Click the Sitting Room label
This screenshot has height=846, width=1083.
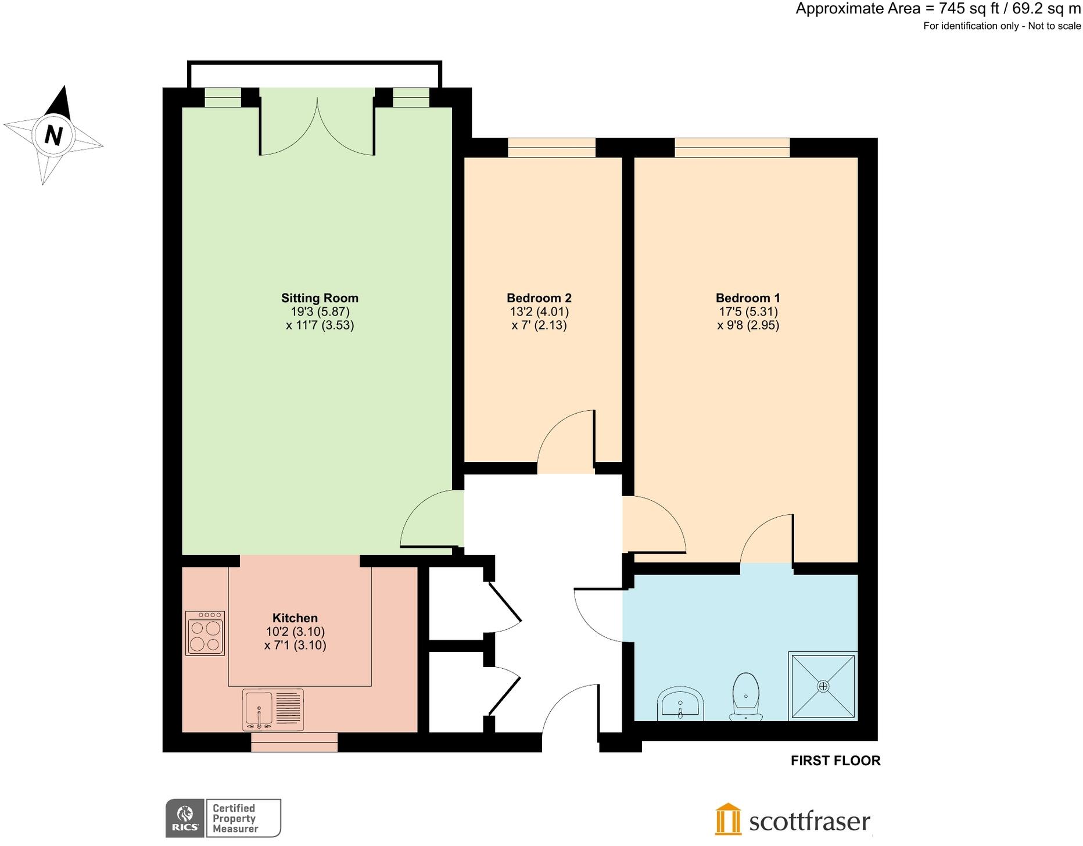click(x=320, y=298)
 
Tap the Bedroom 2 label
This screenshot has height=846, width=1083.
click(x=539, y=298)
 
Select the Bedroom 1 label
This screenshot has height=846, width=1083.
click(x=748, y=298)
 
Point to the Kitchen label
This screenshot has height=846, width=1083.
click(x=295, y=618)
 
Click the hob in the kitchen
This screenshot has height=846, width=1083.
click(x=205, y=633)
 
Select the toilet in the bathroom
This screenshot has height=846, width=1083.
click(x=746, y=696)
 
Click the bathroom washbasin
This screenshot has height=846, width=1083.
click(x=680, y=704)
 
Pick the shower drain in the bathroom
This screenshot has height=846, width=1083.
click(x=823, y=686)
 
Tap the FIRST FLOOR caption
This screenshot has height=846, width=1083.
click(x=835, y=761)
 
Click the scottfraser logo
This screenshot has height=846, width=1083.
click(x=792, y=820)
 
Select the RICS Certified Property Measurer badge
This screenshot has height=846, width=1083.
click(x=223, y=818)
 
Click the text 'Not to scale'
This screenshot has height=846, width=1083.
click(x=1054, y=26)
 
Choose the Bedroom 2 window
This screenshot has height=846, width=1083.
click(x=551, y=148)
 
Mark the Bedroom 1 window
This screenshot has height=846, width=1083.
click(x=732, y=148)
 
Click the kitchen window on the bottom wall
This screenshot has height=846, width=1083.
click(x=294, y=742)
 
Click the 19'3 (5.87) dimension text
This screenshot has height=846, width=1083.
click(x=320, y=311)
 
